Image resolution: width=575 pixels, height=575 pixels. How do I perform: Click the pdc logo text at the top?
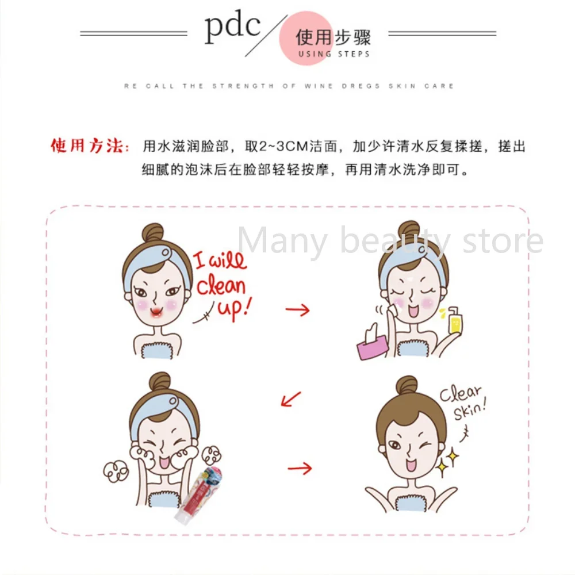coord(233,28)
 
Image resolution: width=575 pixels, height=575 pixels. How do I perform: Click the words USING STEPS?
coord(333,54)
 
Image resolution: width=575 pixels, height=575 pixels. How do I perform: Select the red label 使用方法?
coord(89,146)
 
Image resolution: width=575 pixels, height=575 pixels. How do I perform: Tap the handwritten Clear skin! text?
coord(463,402)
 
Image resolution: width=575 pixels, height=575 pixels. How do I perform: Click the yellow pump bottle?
coord(455,320)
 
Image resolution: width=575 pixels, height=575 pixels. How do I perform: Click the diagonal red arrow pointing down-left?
coord(291,398)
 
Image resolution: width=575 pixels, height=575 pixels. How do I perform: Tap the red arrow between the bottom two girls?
coord(300,468)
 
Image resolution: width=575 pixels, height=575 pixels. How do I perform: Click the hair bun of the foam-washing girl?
coord(159,382)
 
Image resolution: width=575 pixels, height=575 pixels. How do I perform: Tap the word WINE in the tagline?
coord(319,86)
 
